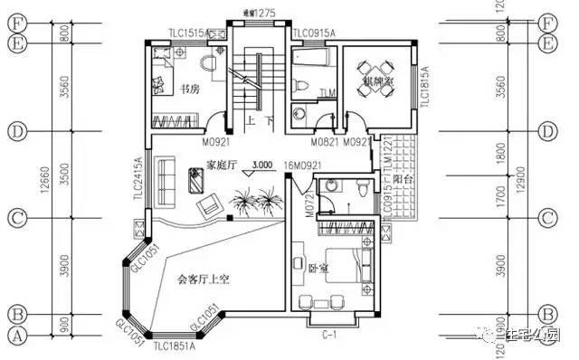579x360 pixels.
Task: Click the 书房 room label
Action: coord(189,89)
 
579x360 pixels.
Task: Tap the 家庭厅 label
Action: coord(221,165)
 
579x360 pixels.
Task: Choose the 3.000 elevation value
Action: coord(263,165)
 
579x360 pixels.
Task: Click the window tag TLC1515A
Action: coord(187,33)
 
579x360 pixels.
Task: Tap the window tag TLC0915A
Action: coord(313,33)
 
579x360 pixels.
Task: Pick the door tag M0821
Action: coord(324,142)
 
